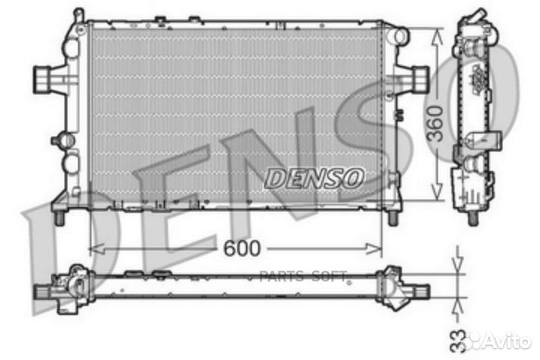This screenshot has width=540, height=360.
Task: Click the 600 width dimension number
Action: click(x=241, y=247)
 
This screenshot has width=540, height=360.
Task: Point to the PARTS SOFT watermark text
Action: click(x=310, y=277)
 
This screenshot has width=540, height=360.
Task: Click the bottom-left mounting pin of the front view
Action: click(x=57, y=215)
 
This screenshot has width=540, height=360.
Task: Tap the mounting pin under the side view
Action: click(x=472, y=218)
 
